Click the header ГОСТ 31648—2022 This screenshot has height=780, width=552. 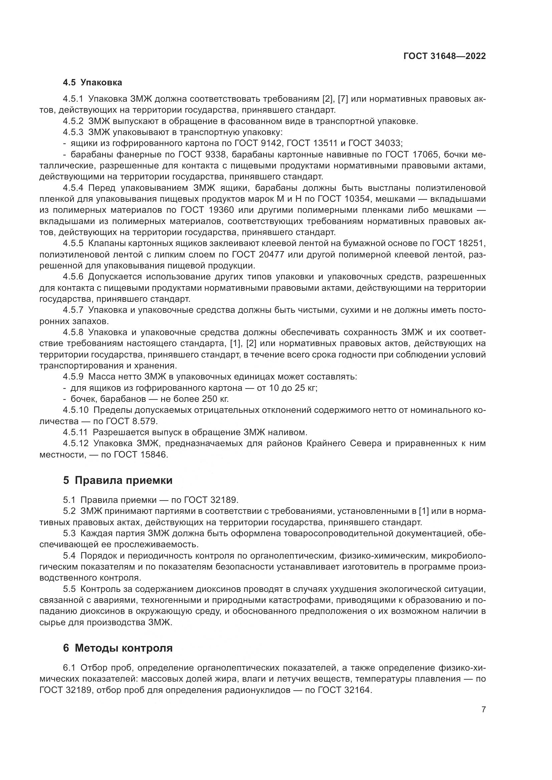tap(444, 56)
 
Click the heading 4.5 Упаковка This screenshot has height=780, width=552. tap(92, 82)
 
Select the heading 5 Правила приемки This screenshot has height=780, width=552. tap(117, 480)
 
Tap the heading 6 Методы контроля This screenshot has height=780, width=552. tap(117, 648)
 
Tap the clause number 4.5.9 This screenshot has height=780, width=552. tap(73, 377)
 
